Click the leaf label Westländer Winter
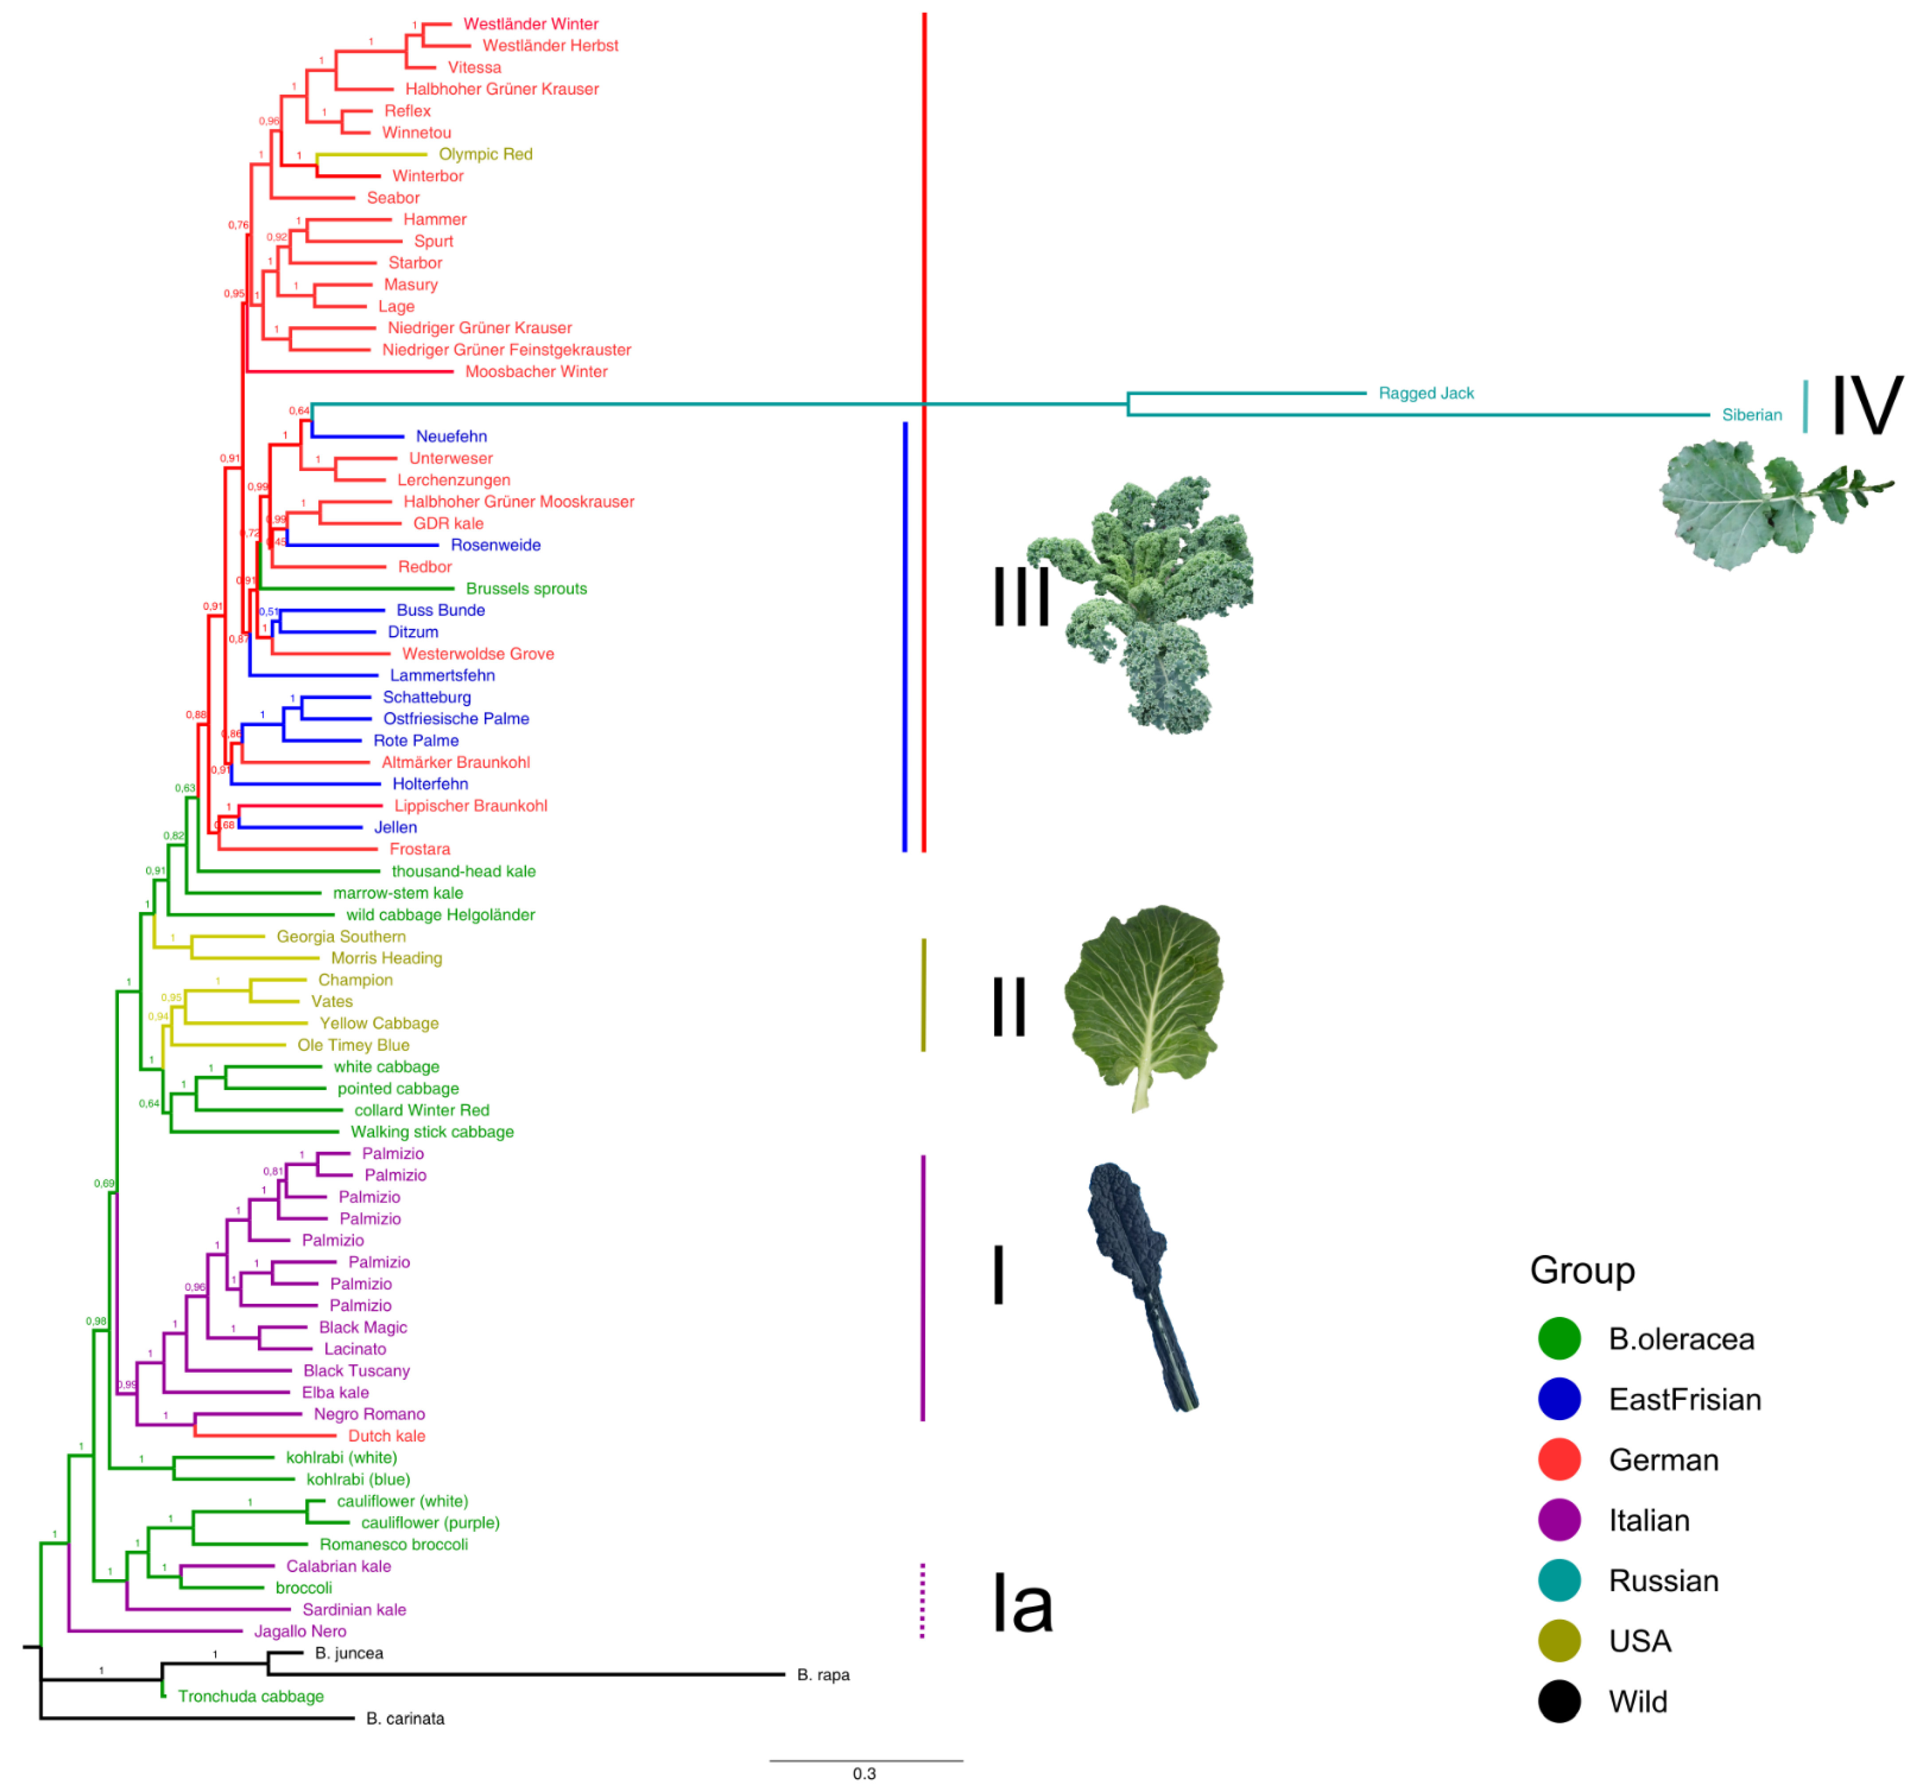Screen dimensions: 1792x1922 click(x=531, y=24)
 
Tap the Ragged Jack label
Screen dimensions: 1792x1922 click(x=1426, y=394)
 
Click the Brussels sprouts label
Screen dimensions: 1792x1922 click(x=526, y=589)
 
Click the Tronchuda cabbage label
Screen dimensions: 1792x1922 click(x=251, y=1696)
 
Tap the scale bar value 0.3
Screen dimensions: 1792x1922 click(x=864, y=1774)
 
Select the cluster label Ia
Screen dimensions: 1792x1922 click(x=1022, y=1605)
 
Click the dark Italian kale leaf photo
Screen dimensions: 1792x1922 click(x=1141, y=1285)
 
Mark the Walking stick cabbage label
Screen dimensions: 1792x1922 click(x=432, y=1132)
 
